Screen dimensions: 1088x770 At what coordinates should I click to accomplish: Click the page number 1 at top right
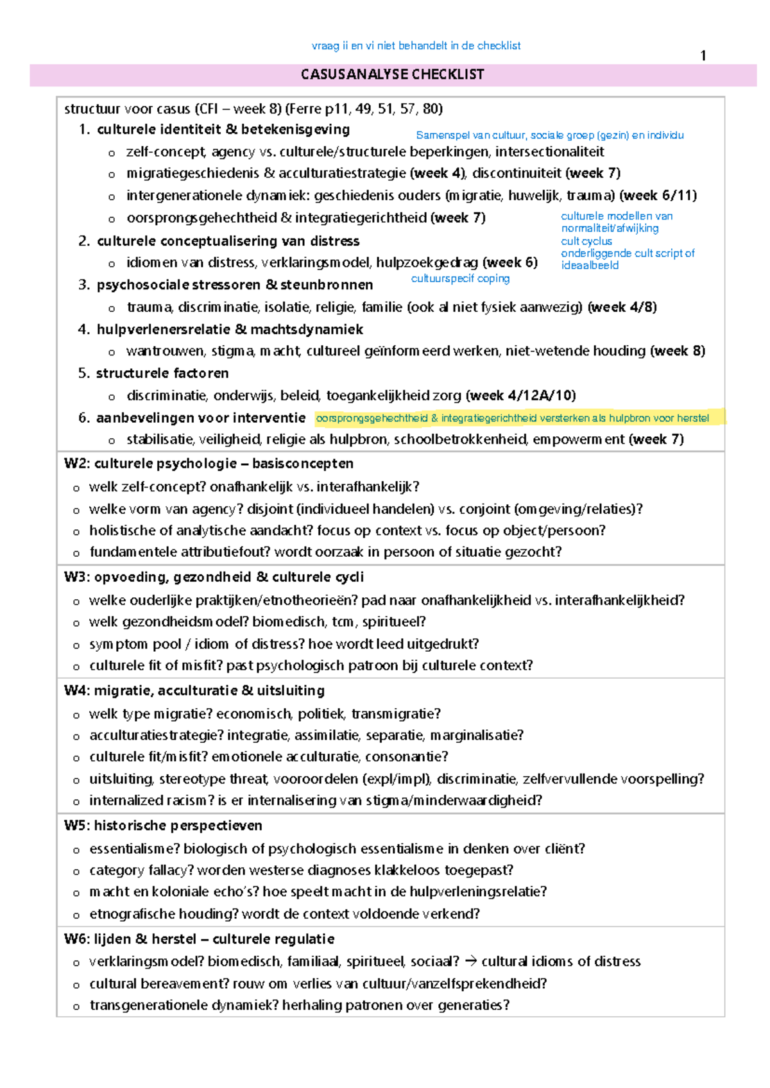coord(703,56)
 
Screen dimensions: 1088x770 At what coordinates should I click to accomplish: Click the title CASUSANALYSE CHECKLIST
coord(392,74)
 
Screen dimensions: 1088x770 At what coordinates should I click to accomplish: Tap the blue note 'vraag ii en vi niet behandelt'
coord(416,46)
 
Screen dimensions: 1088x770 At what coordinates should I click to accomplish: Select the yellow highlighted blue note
coord(513,418)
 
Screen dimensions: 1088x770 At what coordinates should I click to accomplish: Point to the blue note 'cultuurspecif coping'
coord(460,278)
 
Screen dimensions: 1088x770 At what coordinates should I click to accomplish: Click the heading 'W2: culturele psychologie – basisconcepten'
coord(209,463)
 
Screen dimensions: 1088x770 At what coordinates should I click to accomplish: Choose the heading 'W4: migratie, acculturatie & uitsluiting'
coord(194,690)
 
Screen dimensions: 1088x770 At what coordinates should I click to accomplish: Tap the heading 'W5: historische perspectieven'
coord(163,825)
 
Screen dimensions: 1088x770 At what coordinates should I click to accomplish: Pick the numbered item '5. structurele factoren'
coord(153,373)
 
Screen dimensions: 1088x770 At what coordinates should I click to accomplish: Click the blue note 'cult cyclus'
coord(586,241)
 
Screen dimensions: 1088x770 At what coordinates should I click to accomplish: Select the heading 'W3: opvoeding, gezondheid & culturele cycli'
coord(214,577)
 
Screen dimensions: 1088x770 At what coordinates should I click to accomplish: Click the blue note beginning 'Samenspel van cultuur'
coord(549,135)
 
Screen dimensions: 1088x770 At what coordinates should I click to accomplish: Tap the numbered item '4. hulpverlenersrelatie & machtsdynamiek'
coord(220,330)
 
